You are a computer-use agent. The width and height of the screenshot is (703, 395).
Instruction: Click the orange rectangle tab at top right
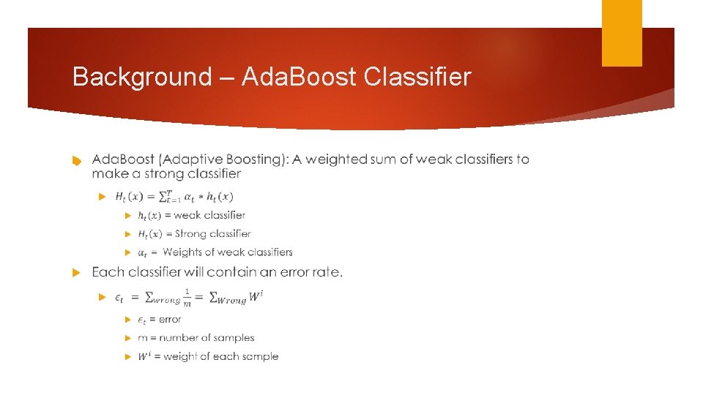[622, 33]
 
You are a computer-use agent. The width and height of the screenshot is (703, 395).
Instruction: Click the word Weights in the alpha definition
[182, 252]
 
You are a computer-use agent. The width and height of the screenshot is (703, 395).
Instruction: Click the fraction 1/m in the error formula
[187, 297]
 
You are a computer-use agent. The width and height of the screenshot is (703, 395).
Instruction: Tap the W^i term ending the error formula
[256, 296]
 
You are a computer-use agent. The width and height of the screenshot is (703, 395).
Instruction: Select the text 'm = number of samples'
[196, 338]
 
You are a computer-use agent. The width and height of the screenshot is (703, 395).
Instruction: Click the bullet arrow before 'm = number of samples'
[127, 339]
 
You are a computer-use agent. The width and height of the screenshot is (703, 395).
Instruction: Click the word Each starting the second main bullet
[108, 272]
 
